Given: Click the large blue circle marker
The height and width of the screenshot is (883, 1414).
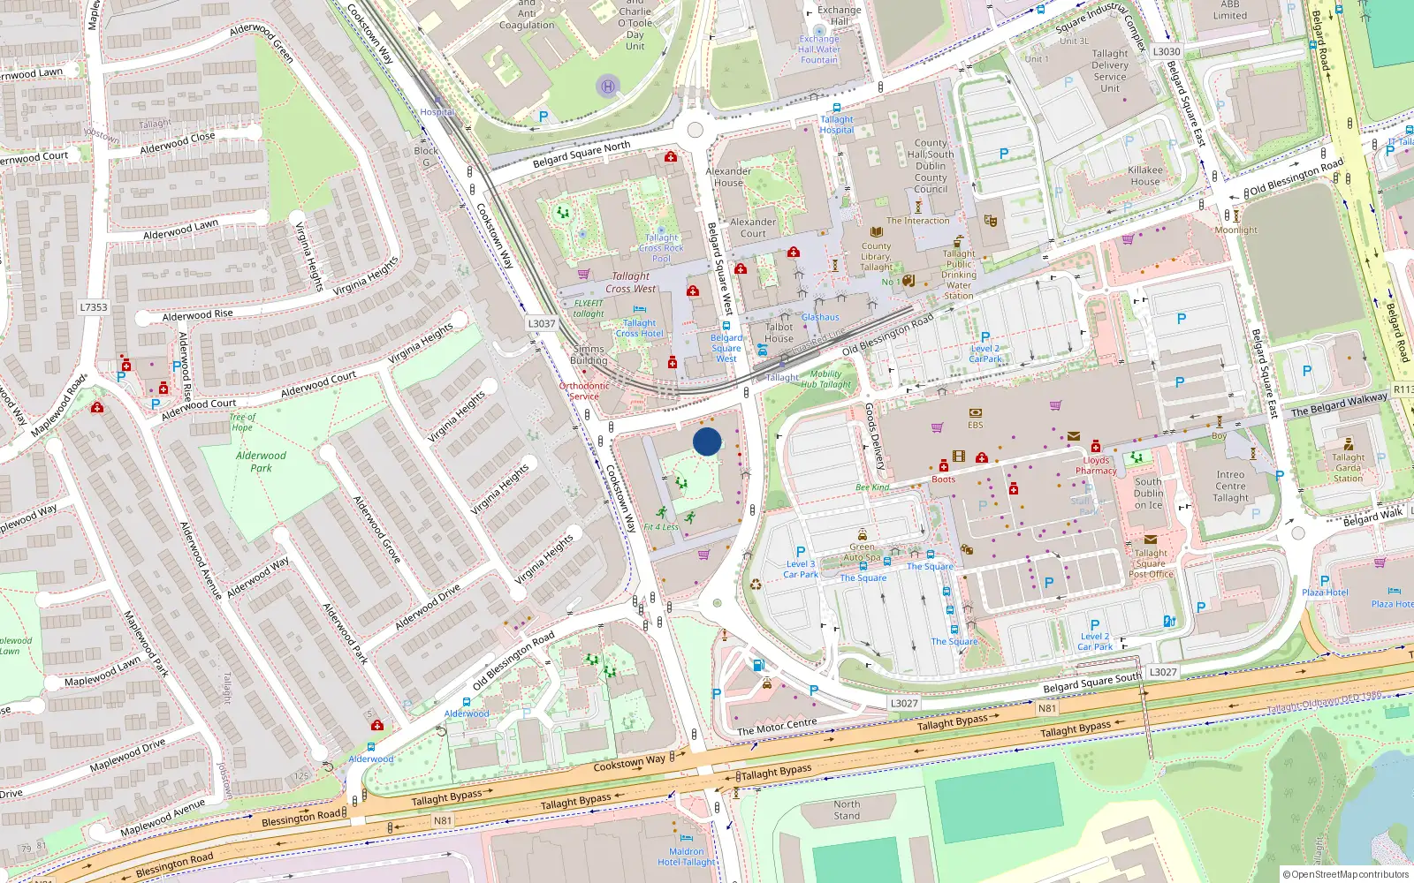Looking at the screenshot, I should (x=707, y=441).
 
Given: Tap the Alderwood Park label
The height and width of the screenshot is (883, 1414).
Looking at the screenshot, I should (x=261, y=462).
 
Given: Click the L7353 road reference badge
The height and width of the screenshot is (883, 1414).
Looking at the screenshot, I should (x=93, y=307).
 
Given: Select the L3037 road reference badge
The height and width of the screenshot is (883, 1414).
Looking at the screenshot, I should (x=542, y=323).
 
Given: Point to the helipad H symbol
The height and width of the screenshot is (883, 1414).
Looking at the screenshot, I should (x=607, y=87).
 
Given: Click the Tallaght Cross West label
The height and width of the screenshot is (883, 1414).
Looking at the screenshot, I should (x=631, y=283).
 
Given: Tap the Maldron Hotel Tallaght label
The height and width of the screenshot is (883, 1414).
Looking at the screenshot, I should (x=686, y=857).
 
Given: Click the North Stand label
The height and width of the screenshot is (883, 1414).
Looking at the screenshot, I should (x=847, y=810).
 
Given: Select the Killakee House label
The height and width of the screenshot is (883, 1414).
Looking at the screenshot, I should (x=1145, y=176).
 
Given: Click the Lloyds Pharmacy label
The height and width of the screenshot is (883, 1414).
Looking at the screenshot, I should (x=1096, y=465).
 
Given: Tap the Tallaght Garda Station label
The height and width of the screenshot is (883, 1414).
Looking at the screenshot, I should (x=1349, y=468).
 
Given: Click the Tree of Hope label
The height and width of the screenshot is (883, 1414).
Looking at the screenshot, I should (x=242, y=422).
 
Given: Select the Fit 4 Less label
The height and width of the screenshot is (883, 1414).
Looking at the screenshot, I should (x=661, y=527).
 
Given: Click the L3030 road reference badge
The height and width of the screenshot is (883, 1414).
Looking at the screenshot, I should (x=1166, y=51).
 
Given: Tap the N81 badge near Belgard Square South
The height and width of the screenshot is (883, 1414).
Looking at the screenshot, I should (x=1046, y=708).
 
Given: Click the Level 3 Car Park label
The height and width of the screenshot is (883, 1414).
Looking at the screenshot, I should (x=801, y=569).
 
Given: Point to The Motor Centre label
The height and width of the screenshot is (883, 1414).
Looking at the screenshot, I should (x=777, y=727).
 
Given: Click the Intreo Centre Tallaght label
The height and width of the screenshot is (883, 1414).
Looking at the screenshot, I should (x=1230, y=486).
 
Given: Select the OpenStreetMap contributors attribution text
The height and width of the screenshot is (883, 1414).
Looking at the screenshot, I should (x=1345, y=875).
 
